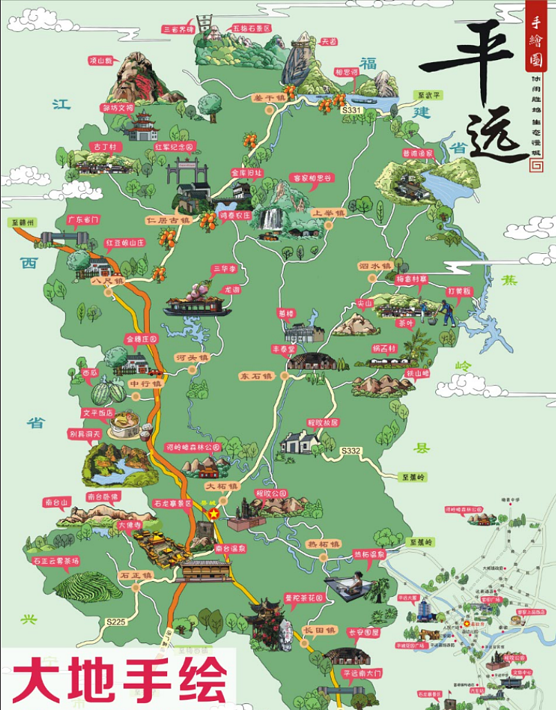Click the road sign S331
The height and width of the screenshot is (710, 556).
(352, 110)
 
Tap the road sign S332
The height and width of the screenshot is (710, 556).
(351, 451)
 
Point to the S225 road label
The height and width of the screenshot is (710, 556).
(116, 622)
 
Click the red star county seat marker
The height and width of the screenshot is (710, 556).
(213, 514)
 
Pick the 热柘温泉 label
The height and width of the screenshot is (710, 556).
(370, 553)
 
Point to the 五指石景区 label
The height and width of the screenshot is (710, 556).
(251, 29)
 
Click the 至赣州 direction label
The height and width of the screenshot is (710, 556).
(22, 223)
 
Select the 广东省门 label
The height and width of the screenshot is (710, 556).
(83, 219)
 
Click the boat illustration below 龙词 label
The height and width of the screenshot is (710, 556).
(193, 305)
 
